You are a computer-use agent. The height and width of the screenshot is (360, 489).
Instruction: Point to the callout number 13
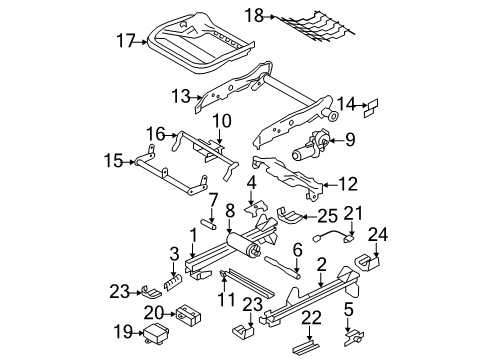[180, 97]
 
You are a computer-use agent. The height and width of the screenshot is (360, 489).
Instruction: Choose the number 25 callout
[328, 214]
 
